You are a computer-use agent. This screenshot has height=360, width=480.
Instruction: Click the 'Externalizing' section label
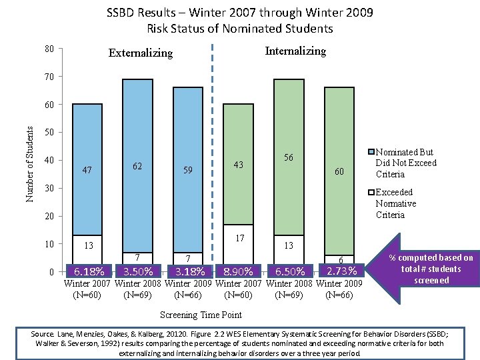141,53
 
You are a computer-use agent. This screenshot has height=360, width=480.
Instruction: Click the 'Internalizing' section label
295,51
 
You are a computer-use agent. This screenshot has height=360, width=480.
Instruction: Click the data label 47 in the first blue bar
87,170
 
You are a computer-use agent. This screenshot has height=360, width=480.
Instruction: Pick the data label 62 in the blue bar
137,165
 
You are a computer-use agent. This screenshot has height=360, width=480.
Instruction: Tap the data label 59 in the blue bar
188,170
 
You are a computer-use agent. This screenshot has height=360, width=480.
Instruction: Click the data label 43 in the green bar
238,165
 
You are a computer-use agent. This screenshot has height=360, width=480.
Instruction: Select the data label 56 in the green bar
289,157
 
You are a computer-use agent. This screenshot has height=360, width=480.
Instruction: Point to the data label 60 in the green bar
339,172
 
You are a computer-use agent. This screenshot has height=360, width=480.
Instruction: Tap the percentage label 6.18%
89,271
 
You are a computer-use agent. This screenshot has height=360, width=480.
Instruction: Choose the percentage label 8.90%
238,271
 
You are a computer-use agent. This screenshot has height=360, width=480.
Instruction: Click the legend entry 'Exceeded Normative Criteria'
395,203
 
